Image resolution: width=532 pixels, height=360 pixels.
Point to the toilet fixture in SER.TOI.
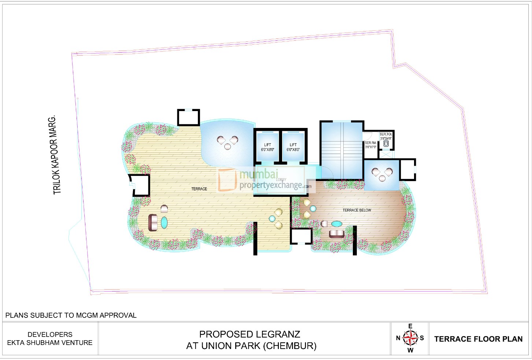(x=386, y=144)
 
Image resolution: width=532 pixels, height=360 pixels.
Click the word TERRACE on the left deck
(x=199, y=189)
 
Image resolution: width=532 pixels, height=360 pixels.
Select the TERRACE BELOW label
(x=356, y=210)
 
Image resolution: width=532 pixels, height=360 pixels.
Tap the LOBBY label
(x=281, y=180)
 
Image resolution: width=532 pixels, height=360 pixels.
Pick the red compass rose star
(x=410, y=338)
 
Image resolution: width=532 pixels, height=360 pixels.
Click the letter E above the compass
(x=410, y=326)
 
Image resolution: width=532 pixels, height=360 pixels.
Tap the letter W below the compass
(x=410, y=350)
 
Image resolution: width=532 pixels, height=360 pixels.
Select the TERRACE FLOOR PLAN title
(x=478, y=339)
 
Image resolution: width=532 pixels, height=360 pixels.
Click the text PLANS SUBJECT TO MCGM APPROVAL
(x=71, y=315)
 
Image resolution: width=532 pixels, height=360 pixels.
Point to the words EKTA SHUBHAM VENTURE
(x=50, y=343)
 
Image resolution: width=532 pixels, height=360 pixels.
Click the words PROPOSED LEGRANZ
(x=250, y=334)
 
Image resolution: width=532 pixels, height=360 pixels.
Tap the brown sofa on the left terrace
(x=153, y=223)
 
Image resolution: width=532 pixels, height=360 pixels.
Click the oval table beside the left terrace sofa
(x=164, y=223)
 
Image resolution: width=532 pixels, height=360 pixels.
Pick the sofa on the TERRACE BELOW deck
(x=336, y=234)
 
